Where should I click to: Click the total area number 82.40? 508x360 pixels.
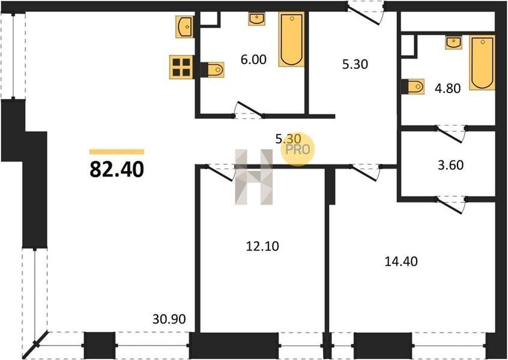pos(116,170)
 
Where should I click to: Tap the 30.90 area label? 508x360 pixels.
pos(169,319)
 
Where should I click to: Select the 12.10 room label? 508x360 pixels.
pos(262,247)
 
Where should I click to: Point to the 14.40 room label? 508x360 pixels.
pos(401,261)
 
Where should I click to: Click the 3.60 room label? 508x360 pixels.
pos(451,165)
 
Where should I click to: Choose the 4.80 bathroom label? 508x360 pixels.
pos(448,88)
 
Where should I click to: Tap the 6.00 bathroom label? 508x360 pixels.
pos(253,59)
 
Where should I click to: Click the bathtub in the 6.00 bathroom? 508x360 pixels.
pos(292,39)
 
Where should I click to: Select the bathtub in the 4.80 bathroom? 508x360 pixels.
pos(482,62)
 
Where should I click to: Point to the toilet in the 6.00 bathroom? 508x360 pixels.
pos(212,70)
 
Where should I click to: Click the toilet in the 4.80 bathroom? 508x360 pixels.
pos(413,86)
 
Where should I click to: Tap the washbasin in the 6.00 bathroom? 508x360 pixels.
pos(257,19)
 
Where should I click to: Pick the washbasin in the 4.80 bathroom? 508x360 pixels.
pos(453,43)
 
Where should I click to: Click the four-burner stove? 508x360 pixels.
pos(181,67)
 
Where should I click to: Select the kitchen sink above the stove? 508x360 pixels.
pos(185,26)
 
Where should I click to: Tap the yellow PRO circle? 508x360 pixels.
pos(298,149)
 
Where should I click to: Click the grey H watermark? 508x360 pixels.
pos(253,177)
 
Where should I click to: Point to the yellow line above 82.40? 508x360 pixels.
pos(116,152)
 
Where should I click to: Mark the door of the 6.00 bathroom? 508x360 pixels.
pos(249,110)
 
